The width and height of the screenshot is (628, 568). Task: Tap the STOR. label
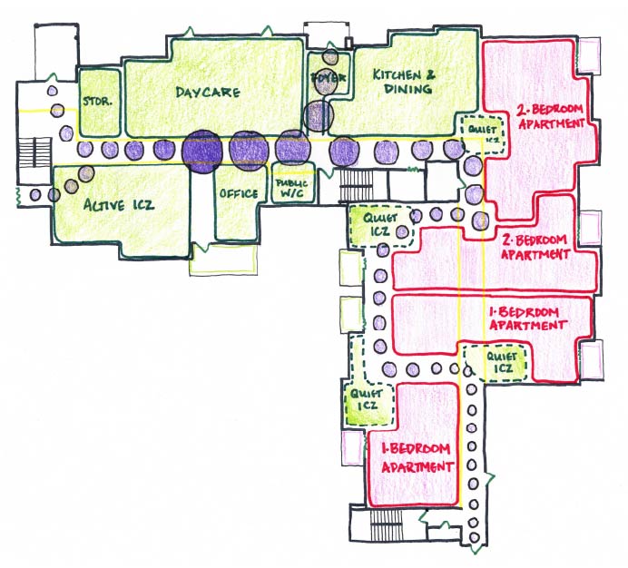97,102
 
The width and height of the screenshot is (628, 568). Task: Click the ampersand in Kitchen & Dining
432,75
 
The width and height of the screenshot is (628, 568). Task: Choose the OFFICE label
239,193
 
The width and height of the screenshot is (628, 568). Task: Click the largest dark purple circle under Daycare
201,150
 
